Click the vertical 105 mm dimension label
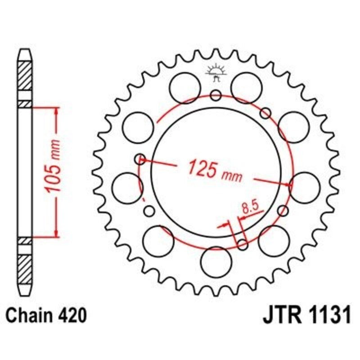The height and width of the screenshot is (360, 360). tap(54, 171)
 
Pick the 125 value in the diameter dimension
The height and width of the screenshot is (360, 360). tap(202, 168)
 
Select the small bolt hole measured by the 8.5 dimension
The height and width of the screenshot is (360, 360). tap(242, 244)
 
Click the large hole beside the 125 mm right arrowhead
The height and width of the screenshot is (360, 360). tap(305, 186)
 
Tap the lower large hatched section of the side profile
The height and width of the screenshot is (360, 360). tap(25, 269)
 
